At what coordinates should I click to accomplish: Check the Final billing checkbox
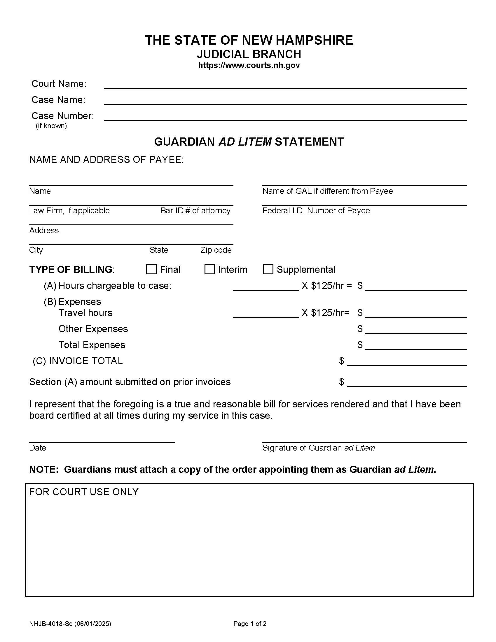[151, 269]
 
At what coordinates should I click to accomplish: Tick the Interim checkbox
[209, 269]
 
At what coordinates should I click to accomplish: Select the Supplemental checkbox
[268, 269]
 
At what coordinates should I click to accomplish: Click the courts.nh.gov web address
[249, 65]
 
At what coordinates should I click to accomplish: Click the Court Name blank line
[285, 85]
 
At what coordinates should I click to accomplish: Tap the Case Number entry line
[285, 117]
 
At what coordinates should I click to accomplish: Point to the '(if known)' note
[51, 126]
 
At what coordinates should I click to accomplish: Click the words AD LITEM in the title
[245, 142]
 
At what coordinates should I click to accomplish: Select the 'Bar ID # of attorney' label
[195, 210]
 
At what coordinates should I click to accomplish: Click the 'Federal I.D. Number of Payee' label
[316, 210]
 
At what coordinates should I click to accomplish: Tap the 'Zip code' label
[216, 250]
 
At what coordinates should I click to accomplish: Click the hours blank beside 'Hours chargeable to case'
[266, 287]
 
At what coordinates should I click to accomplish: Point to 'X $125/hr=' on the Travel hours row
[325, 313]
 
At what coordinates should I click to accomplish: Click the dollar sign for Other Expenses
[360, 329]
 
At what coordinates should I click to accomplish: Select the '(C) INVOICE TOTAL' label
[78, 361]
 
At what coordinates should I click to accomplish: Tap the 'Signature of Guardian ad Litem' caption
[318, 448]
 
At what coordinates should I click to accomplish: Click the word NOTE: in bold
[44, 470]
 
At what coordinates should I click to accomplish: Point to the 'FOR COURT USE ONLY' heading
[84, 492]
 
